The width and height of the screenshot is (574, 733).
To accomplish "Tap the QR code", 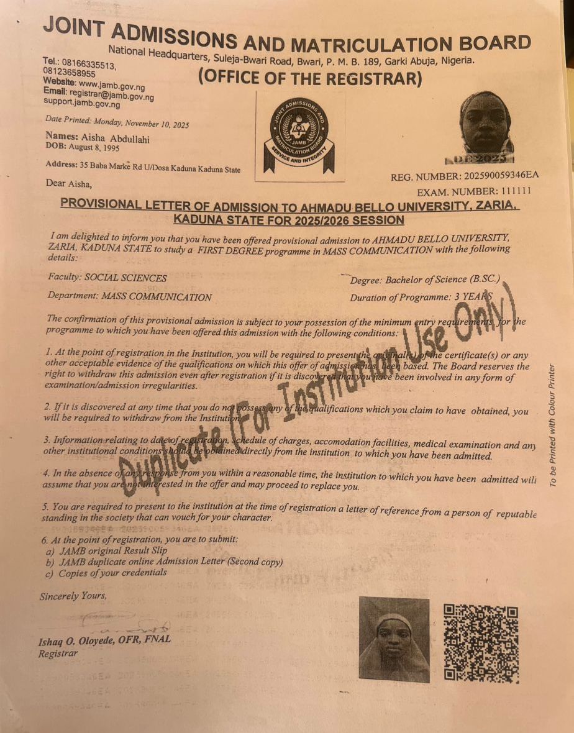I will (x=481, y=643).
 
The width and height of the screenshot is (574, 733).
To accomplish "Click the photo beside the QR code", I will (x=394, y=639).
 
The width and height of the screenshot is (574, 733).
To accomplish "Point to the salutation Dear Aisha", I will (x=68, y=183).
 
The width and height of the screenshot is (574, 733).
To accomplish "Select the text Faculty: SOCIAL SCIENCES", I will (x=107, y=278).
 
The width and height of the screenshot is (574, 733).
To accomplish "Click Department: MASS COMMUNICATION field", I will (x=129, y=297).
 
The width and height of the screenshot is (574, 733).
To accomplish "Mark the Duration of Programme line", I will (x=421, y=298).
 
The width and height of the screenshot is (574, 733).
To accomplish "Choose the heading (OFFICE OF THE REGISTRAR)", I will (x=309, y=79).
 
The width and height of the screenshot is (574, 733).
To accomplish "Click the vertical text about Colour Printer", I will (x=552, y=425).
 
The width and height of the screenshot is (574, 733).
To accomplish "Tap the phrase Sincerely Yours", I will (x=73, y=596).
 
